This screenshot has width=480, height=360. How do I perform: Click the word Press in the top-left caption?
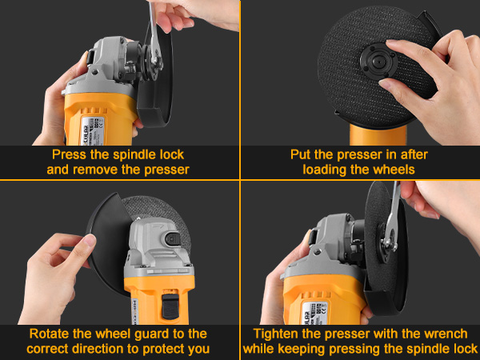70,154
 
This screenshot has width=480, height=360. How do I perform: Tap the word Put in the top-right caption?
302,154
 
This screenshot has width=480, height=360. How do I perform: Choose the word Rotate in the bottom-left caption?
50,333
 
